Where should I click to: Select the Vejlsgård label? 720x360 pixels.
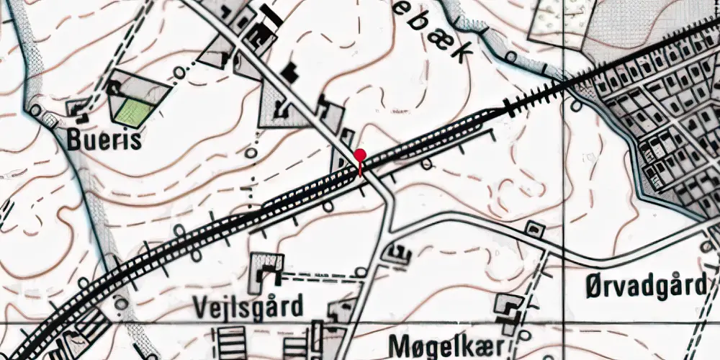pyautogui.click(x=247, y=307)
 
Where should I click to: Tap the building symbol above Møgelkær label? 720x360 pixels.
pyautogui.click(x=510, y=310)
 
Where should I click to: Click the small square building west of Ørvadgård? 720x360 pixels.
pyautogui.click(x=534, y=229)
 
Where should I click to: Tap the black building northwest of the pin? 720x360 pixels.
pyautogui.click(x=290, y=72)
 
